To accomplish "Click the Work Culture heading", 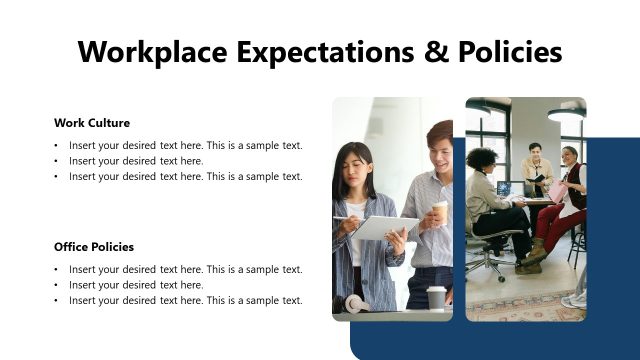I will pos(92,123).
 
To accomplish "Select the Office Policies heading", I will pos(94,247).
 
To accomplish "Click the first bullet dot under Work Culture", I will pos(56,146).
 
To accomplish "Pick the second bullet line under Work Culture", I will pos(136,161).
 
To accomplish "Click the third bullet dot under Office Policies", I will pos(56,301).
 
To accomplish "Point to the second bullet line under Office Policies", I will pos(136,285).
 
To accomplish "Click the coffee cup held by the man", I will pos(440,211).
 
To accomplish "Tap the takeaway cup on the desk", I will pos(436,297).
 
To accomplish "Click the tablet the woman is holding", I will pos(385,228).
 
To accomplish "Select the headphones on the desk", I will pos(355,303).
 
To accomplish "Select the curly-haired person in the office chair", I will pos(487,190).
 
